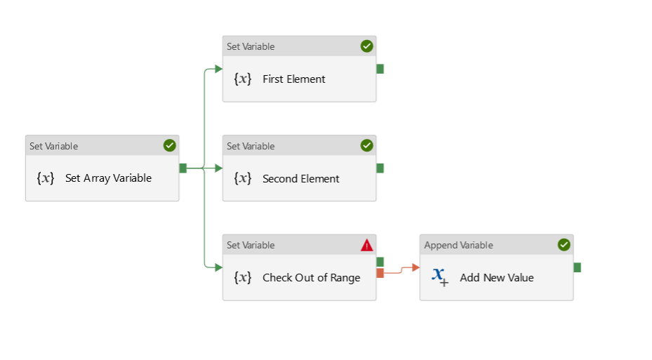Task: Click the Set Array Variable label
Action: pyautogui.click(x=108, y=178)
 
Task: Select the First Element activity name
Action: pyautogui.click(x=293, y=79)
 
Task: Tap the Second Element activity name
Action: pyautogui.click(x=300, y=179)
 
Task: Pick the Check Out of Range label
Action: pyautogui.click(x=311, y=278)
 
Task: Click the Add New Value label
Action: pyautogui.click(x=496, y=278)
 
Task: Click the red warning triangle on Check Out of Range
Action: pyautogui.click(x=367, y=245)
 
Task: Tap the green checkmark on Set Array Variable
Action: pyautogui.click(x=170, y=146)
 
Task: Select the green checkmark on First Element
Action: pyautogui.click(x=367, y=46)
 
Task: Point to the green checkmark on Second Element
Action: pyautogui.click(x=367, y=146)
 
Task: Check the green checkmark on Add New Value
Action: pyautogui.click(x=564, y=245)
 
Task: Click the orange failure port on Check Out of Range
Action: pyautogui.click(x=380, y=273)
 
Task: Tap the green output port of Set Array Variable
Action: pyautogui.click(x=183, y=168)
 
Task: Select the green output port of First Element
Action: pyautogui.click(x=380, y=69)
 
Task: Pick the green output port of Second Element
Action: pyautogui.click(x=380, y=168)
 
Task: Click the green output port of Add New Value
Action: pyautogui.click(x=578, y=267)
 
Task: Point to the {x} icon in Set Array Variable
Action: pyautogui.click(x=46, y=178)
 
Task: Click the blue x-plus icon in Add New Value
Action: pyautogui.click(x=440, y=276)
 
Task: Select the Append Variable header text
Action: pyautogui.click(x=458, y=246)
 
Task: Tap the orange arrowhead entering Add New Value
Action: pyautogui.click(x=415, y=267)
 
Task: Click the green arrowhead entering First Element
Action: pyautogui.click(x=218, y=69)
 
